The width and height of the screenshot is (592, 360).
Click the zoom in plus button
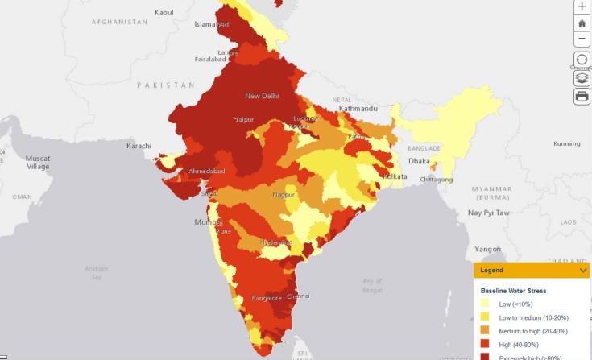pyautogui.click(x=582, y=6)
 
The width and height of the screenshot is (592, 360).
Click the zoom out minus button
pyautogui.click(x=582, y=39)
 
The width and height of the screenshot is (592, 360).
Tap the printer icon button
pyautogui.click(x=582, y=97)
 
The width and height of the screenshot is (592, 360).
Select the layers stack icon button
pyautogui.click(x=582, y=79)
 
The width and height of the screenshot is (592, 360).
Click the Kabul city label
pyautogui.click(x=164, y=12)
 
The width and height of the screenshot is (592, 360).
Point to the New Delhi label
pyautogui.click(x=262, y=96)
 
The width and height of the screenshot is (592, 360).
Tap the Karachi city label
pyautogui.click(x=139, y=146)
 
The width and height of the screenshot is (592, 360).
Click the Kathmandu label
pyautogui.click(x=358, y=108)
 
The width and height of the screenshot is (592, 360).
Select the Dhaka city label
pyautogui.click(x=419, y=161)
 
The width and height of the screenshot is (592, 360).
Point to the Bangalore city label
pyautogui.click(x=266, y=298)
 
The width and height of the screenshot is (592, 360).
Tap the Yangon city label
pyautogui.click(x=488, y=249)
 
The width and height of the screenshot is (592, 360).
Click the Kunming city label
pyautogui.click(x=566, y=144)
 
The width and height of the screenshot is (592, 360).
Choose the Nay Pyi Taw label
pyautogui.click(x=490, y=213)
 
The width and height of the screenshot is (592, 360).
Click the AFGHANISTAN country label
pyautogui.click(x=120, y=22)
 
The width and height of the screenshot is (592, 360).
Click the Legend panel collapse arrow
pyautogui.click(x=583, y=271)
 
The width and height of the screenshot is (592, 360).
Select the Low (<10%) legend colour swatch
pyautogui.click(x=485, y=304)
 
